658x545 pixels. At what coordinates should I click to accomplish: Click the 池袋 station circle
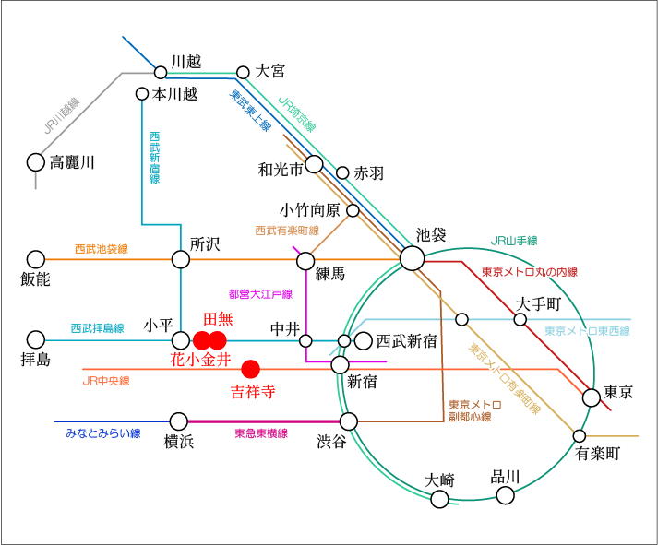click(412, 259)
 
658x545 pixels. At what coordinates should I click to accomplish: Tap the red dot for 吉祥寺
click(249, 369)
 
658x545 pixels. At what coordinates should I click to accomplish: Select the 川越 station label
click(185, 62)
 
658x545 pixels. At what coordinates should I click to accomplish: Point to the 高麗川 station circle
click(36, 162)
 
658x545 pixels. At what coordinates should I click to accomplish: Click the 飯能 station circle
click(36, 259)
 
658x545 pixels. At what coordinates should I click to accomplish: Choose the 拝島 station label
click(35, 359)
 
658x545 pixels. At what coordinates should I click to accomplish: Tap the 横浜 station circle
click(178, 421)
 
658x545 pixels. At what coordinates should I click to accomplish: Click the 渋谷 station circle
click(349, 421)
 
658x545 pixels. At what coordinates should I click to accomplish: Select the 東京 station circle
click(592, 397)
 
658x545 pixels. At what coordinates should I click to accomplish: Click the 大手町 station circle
click(520, 319)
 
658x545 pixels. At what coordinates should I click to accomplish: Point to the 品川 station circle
click(505, 495)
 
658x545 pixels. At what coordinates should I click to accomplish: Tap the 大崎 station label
click(440, 480)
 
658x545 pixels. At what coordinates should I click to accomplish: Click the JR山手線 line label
click(514, 241)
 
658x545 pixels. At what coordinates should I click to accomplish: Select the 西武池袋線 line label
click(101, 249)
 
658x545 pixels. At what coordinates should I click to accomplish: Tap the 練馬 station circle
click(305, 260)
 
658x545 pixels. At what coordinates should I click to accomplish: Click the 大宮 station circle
click(244, 72)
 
